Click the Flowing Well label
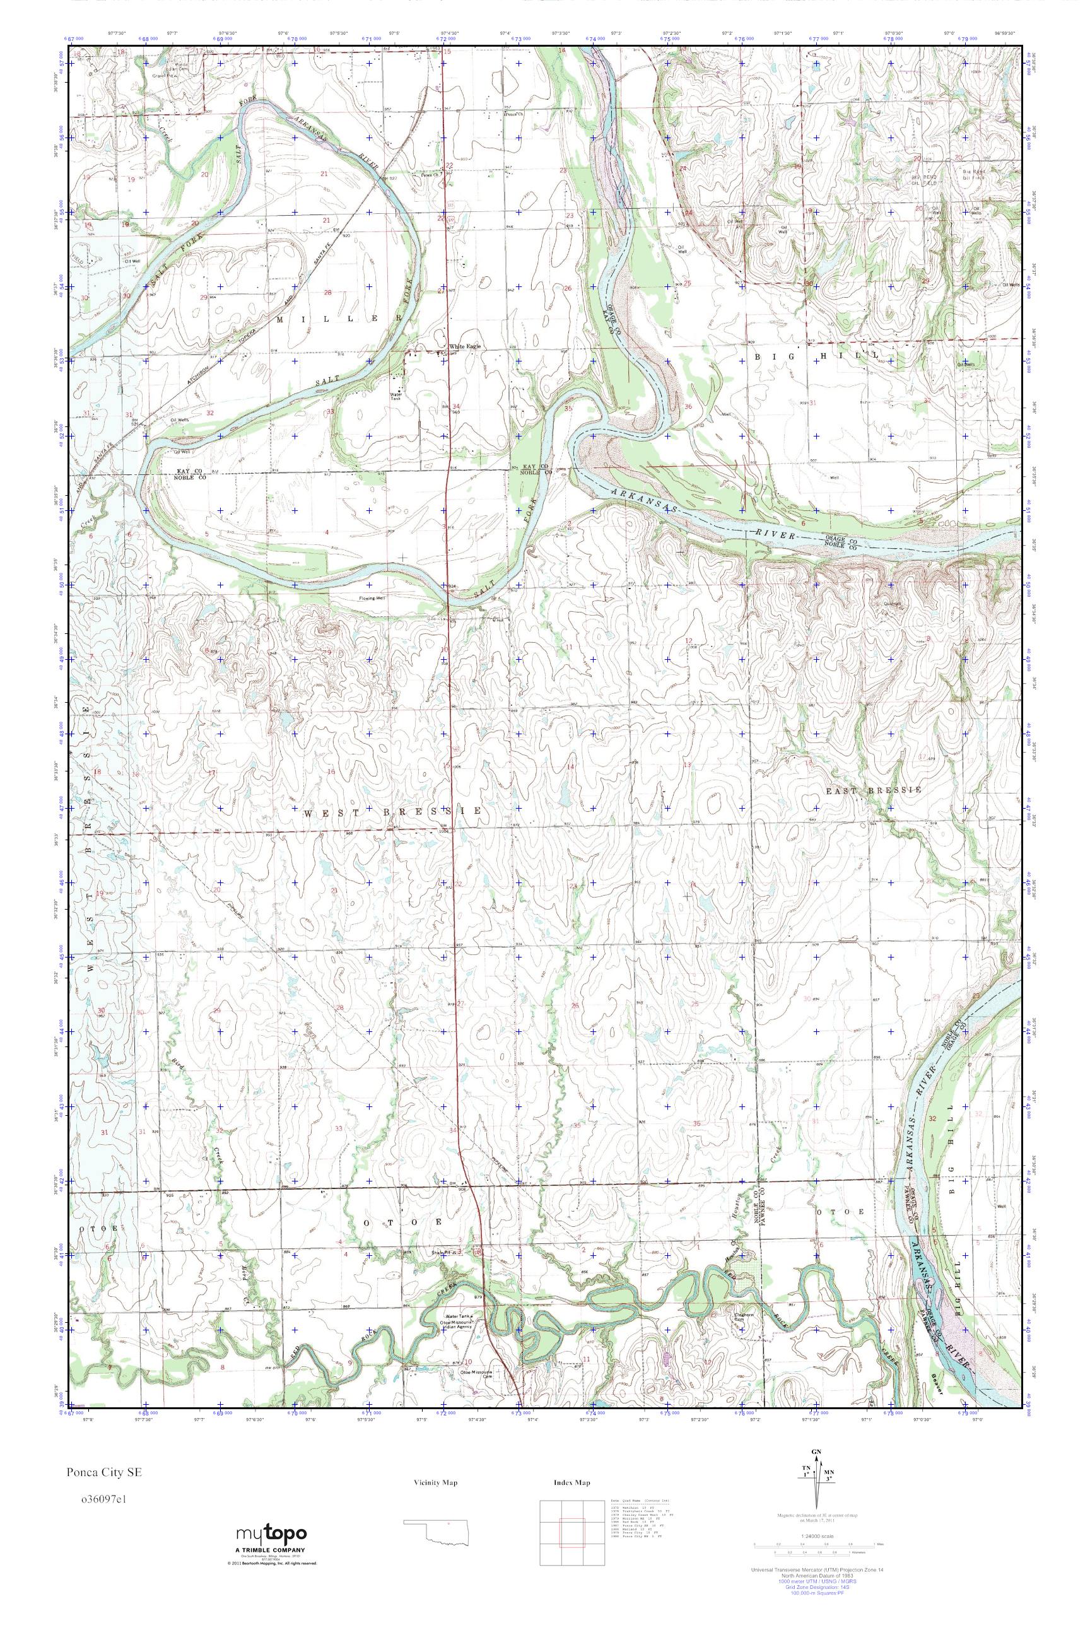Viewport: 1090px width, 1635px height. tap(373, 598)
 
